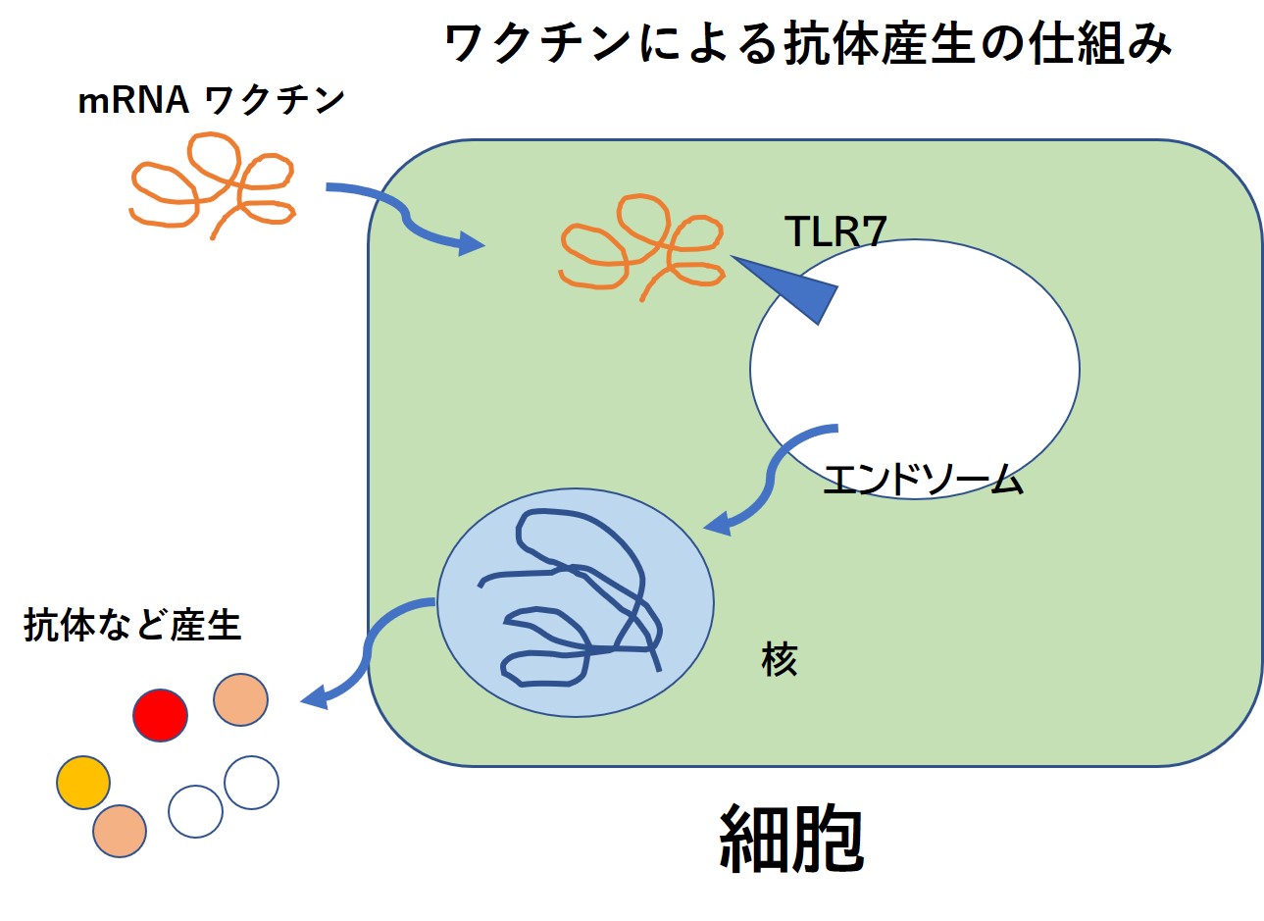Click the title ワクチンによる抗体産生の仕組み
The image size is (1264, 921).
tap(806, 45)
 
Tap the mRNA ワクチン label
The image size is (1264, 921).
tap(211, 100)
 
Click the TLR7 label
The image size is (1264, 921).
tap(835, 232)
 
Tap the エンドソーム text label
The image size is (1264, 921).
tap(923, 481)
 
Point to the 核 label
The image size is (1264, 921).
tap(780, 660)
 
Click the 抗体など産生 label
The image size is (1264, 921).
tap(132, 625)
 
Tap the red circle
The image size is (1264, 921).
tap(160, 715)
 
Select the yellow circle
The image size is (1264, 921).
tap(83, 782)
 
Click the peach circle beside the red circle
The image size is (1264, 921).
tap(240, 699)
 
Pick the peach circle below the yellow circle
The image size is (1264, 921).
tap(120, 831)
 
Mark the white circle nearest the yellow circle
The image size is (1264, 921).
tap(195, 811)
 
